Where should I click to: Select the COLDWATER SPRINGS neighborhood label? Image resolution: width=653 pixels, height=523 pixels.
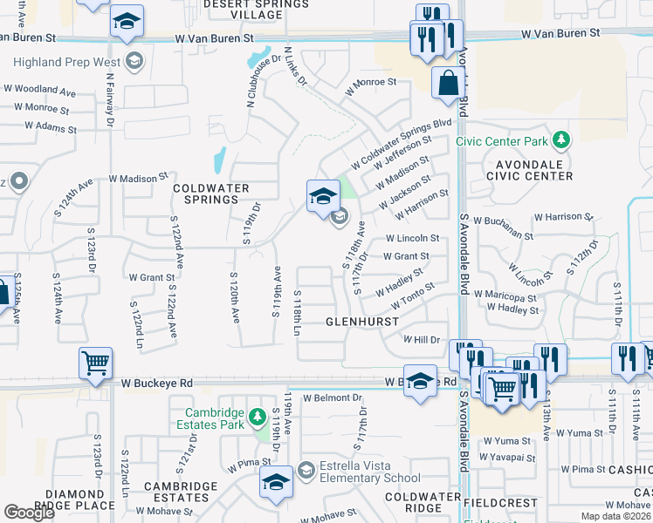click(211, 194)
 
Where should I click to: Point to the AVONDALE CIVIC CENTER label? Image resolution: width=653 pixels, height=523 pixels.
click(522, 170)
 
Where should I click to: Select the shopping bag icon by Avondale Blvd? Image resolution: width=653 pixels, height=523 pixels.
click(448, 85)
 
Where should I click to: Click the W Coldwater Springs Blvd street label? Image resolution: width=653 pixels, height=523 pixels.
click(401, 145)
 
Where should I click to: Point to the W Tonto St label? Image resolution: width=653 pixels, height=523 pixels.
click(413, 295)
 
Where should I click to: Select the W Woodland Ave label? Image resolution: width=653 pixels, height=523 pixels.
click(38, 90)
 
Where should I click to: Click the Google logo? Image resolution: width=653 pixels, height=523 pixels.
click(29, 513)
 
